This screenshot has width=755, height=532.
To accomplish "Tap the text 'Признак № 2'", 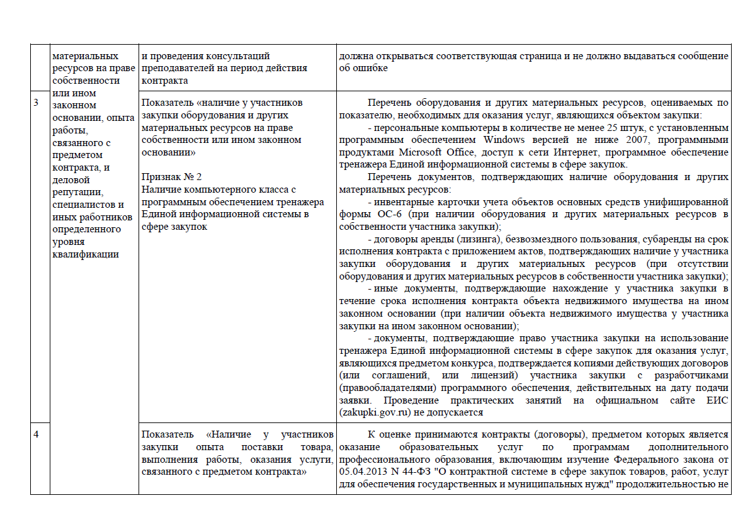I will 169,177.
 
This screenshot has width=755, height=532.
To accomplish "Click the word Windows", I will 505,139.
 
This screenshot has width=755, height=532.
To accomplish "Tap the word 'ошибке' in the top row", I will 370,68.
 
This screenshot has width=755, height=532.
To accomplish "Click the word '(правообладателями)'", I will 387,388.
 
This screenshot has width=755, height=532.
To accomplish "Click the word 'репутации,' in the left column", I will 77,192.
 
